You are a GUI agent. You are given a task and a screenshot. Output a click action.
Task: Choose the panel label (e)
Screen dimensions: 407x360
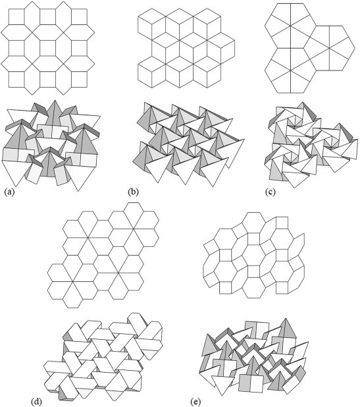[x=195, y=400]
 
